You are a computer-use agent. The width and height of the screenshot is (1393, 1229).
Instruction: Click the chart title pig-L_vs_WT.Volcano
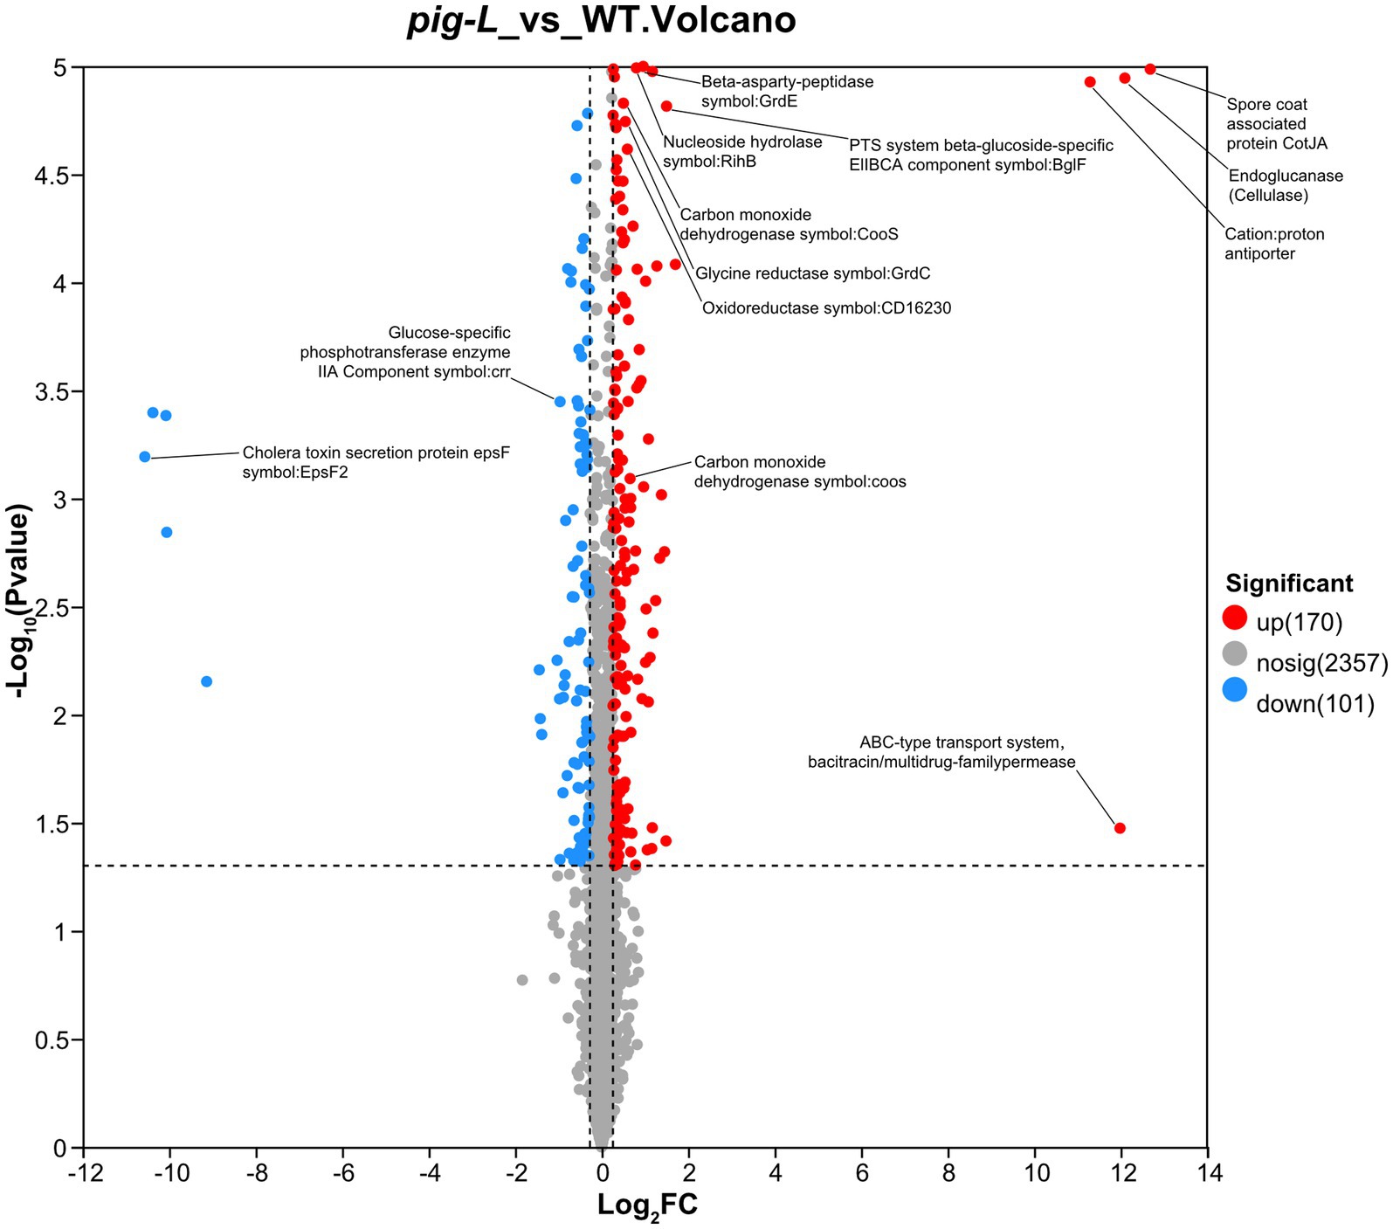pyautogui.click(x=602, y=20)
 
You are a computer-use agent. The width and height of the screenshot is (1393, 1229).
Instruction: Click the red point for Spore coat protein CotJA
pyautogui.click(x=1150, y=69)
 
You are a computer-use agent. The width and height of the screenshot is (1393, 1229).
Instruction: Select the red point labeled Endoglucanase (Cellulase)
pyautogui.click(x=1125, y=79)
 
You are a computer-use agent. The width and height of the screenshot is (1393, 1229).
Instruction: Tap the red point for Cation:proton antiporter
pyautogui.click(x=1090, y=82)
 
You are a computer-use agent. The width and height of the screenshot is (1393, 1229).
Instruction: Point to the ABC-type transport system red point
pyautogui.click(x=1121, y=828)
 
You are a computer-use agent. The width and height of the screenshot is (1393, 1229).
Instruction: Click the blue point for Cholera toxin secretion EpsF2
pyautogui.click(x=145, y=457)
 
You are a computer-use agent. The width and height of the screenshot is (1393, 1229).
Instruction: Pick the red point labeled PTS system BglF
pyautogui.click(x=666, y=107)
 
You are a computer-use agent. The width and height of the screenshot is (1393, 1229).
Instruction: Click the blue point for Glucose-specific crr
pyautogui.click(x=560, y=402)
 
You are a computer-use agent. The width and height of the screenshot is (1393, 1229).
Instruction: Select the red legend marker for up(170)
pyautogui.click(x=1234, y=618)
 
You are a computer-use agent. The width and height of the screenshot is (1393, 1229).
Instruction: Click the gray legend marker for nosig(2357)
pyautogui.click(x=1234, y=653)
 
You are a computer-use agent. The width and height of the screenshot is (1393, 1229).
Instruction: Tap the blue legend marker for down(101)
pyautogui.click(x=1234, y=690)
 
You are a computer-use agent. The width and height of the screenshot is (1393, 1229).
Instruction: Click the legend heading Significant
pyautogui.click(x=1289, y=583)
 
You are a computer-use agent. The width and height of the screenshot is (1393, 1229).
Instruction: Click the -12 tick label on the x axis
pyautogui.click(x=83, y=1171)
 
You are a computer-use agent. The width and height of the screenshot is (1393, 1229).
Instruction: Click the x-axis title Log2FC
pyautogui.click(x=647, y=1206)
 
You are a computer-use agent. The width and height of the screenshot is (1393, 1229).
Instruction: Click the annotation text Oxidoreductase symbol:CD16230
pyautogui.click(x=826, y=308)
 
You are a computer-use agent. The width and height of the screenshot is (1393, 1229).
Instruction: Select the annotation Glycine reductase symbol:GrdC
pyautogui.click(x=812, y=274)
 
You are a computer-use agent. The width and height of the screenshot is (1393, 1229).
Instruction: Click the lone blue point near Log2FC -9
pyautogui.click(x=207, y=681)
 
